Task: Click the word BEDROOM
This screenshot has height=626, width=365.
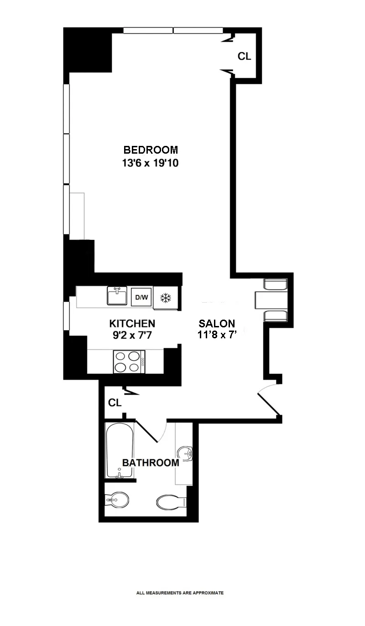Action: [150, 150]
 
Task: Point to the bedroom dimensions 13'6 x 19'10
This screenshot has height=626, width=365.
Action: [150, 163]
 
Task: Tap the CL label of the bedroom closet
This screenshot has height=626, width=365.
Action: [245, 57]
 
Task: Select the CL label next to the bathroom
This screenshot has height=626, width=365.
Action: [115, 403]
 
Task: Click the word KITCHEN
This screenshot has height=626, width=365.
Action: [132, 324]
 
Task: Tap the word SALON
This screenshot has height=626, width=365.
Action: [217, 324]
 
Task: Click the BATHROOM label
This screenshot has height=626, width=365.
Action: [151, 463]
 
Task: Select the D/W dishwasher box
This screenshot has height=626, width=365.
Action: [141, 298]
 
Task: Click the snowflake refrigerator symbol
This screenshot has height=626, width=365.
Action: [165, 298]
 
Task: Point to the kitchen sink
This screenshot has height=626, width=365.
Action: [117, 296]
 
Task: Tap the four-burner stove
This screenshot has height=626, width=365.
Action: [129, 362]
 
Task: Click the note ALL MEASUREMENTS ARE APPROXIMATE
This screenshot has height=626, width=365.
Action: [180, 593]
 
